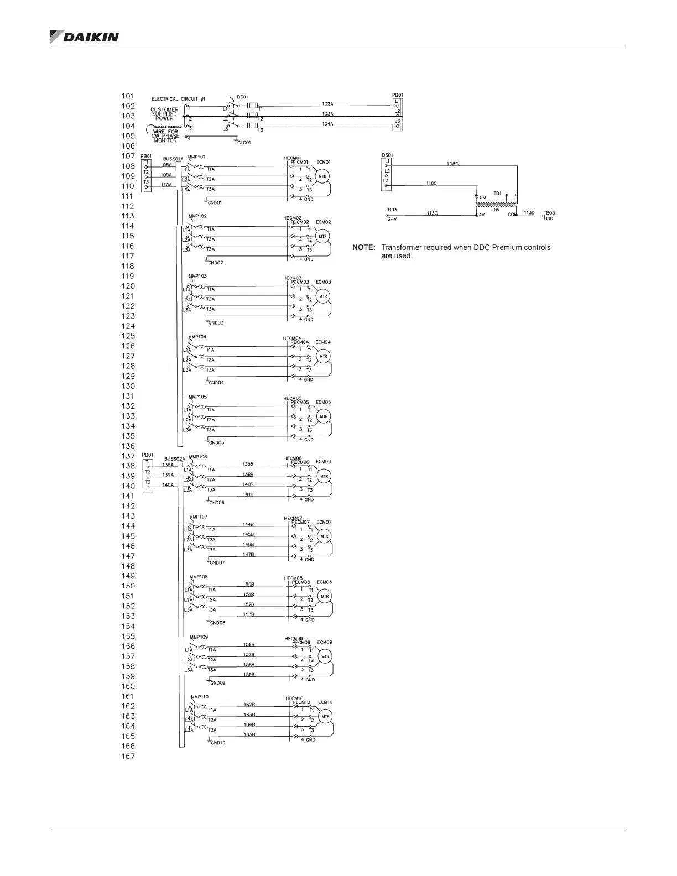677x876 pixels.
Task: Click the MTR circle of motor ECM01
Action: [x=322, y=176]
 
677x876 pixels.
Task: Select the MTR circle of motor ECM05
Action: [x=323, y=416]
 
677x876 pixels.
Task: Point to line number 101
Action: [x=128, y=96]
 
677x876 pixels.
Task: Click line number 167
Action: [x=128, y=756]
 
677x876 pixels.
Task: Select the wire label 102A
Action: [x=327, y=103]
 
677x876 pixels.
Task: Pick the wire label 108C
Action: [x=452, y=164]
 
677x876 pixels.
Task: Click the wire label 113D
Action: [x=529, y=213]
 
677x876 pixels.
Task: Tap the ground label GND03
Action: [x=216, y=322]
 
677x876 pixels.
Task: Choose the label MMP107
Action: [x=199, y=517]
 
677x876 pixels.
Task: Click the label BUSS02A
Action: [x=174, y=458]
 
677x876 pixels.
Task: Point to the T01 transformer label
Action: [x=497, y=194]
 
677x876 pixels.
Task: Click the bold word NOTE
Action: [x=363, y=248]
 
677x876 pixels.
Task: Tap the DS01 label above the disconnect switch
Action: [x=242, y=97]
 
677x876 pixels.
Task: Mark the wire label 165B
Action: [x=249, y=734]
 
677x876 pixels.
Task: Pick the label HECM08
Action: [x=293, y=578]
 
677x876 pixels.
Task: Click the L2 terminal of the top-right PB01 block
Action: [x=397, y=111]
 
